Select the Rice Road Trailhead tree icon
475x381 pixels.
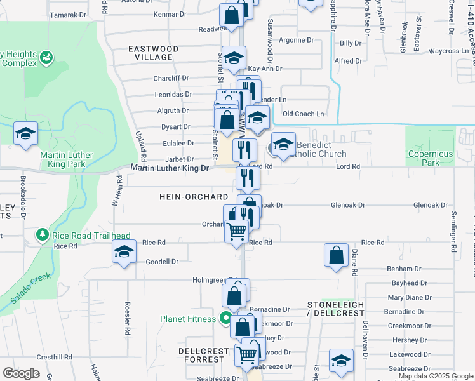[43, 235]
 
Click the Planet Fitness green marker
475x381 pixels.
[224, 319]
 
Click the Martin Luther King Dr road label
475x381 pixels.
[170, 168]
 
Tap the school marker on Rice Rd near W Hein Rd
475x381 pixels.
[124, 252]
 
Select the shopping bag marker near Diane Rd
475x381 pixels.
[336, 255]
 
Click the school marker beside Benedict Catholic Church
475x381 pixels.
[284, 143]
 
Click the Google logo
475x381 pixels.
[21, 373]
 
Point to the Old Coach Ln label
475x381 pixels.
[303, 114]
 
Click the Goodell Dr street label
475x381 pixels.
[162, 262]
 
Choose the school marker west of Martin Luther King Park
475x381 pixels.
[26, 134]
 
